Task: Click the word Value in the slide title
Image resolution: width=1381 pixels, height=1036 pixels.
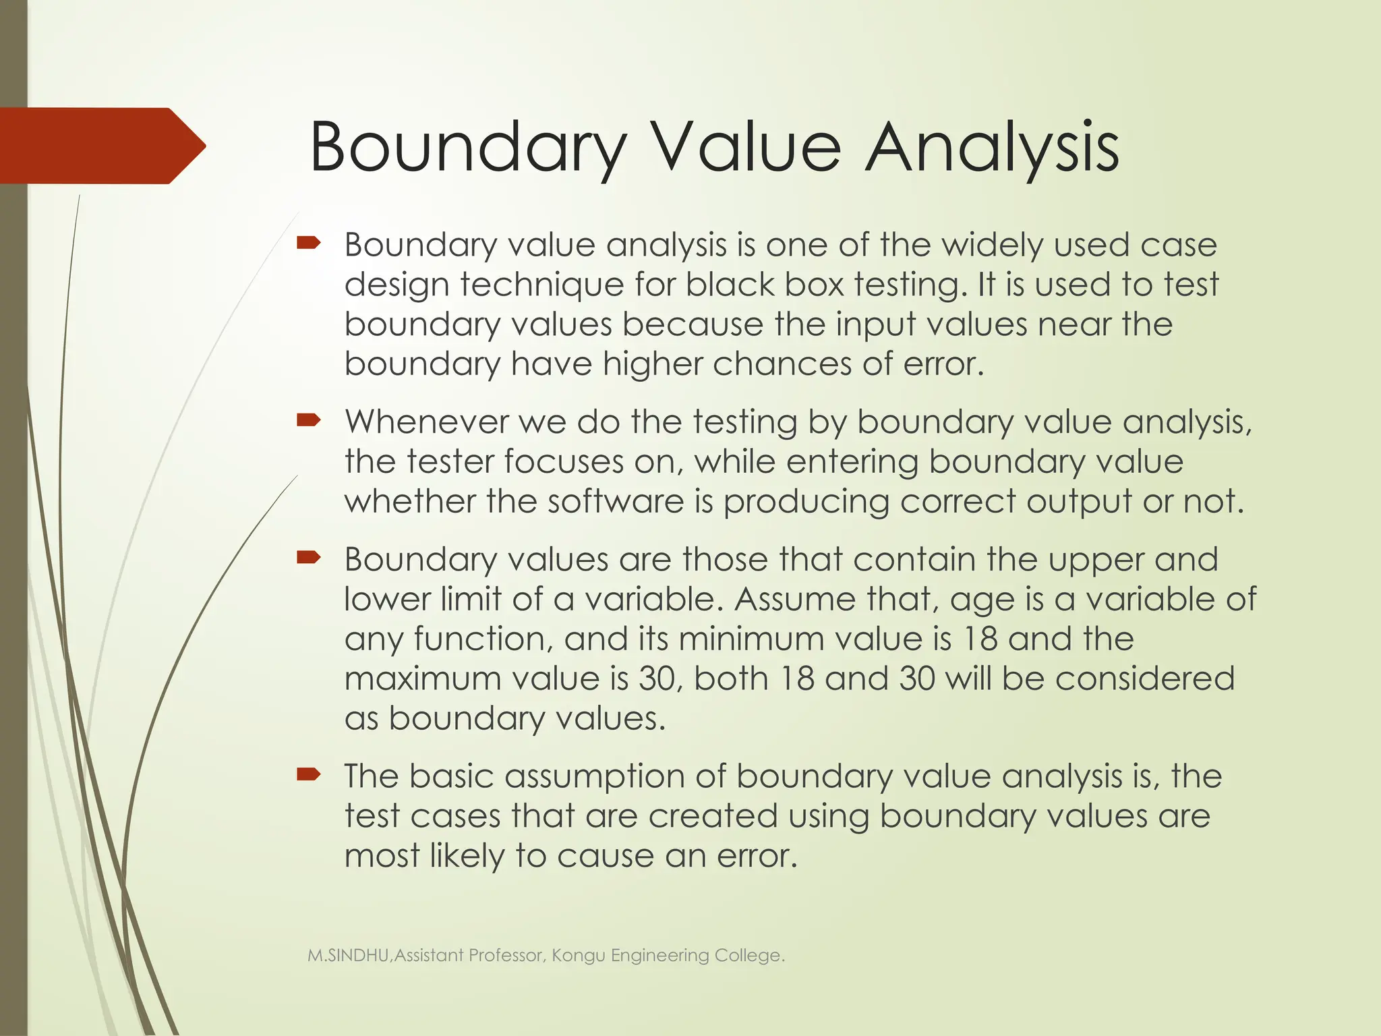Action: [x=745, y=147]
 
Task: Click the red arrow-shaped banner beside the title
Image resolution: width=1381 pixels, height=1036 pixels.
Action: [x=101, y=146]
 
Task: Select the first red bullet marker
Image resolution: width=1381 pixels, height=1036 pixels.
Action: [x=309, y=243]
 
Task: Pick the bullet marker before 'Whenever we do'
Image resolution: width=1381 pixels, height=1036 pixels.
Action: [x=309, y=421]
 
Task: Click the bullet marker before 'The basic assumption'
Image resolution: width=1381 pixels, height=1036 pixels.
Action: [x=309, y=774]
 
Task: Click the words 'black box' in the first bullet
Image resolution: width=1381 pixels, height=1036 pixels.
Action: [x=765, y=285]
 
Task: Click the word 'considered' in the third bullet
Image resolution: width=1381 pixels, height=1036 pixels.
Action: [x=1144, y=679]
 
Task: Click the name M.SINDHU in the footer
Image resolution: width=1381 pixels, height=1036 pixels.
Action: [x=348, y=956]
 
